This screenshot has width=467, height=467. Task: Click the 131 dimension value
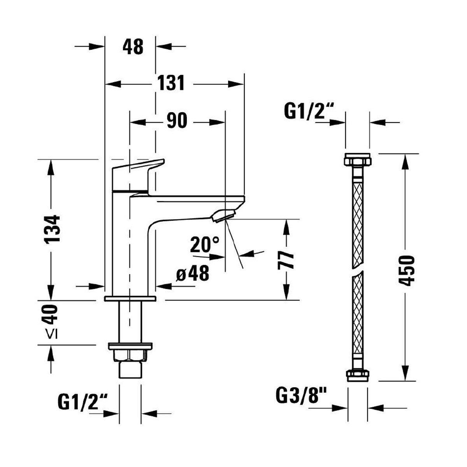170,83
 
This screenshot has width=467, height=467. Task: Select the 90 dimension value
177,121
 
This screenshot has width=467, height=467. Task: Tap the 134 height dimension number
53,229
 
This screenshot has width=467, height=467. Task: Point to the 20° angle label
205,245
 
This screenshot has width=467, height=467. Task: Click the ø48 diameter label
193,274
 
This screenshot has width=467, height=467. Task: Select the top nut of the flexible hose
358,160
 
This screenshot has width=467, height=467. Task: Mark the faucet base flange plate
130,298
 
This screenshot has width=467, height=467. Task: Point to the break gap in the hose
358,270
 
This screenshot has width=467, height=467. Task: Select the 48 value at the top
133,47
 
